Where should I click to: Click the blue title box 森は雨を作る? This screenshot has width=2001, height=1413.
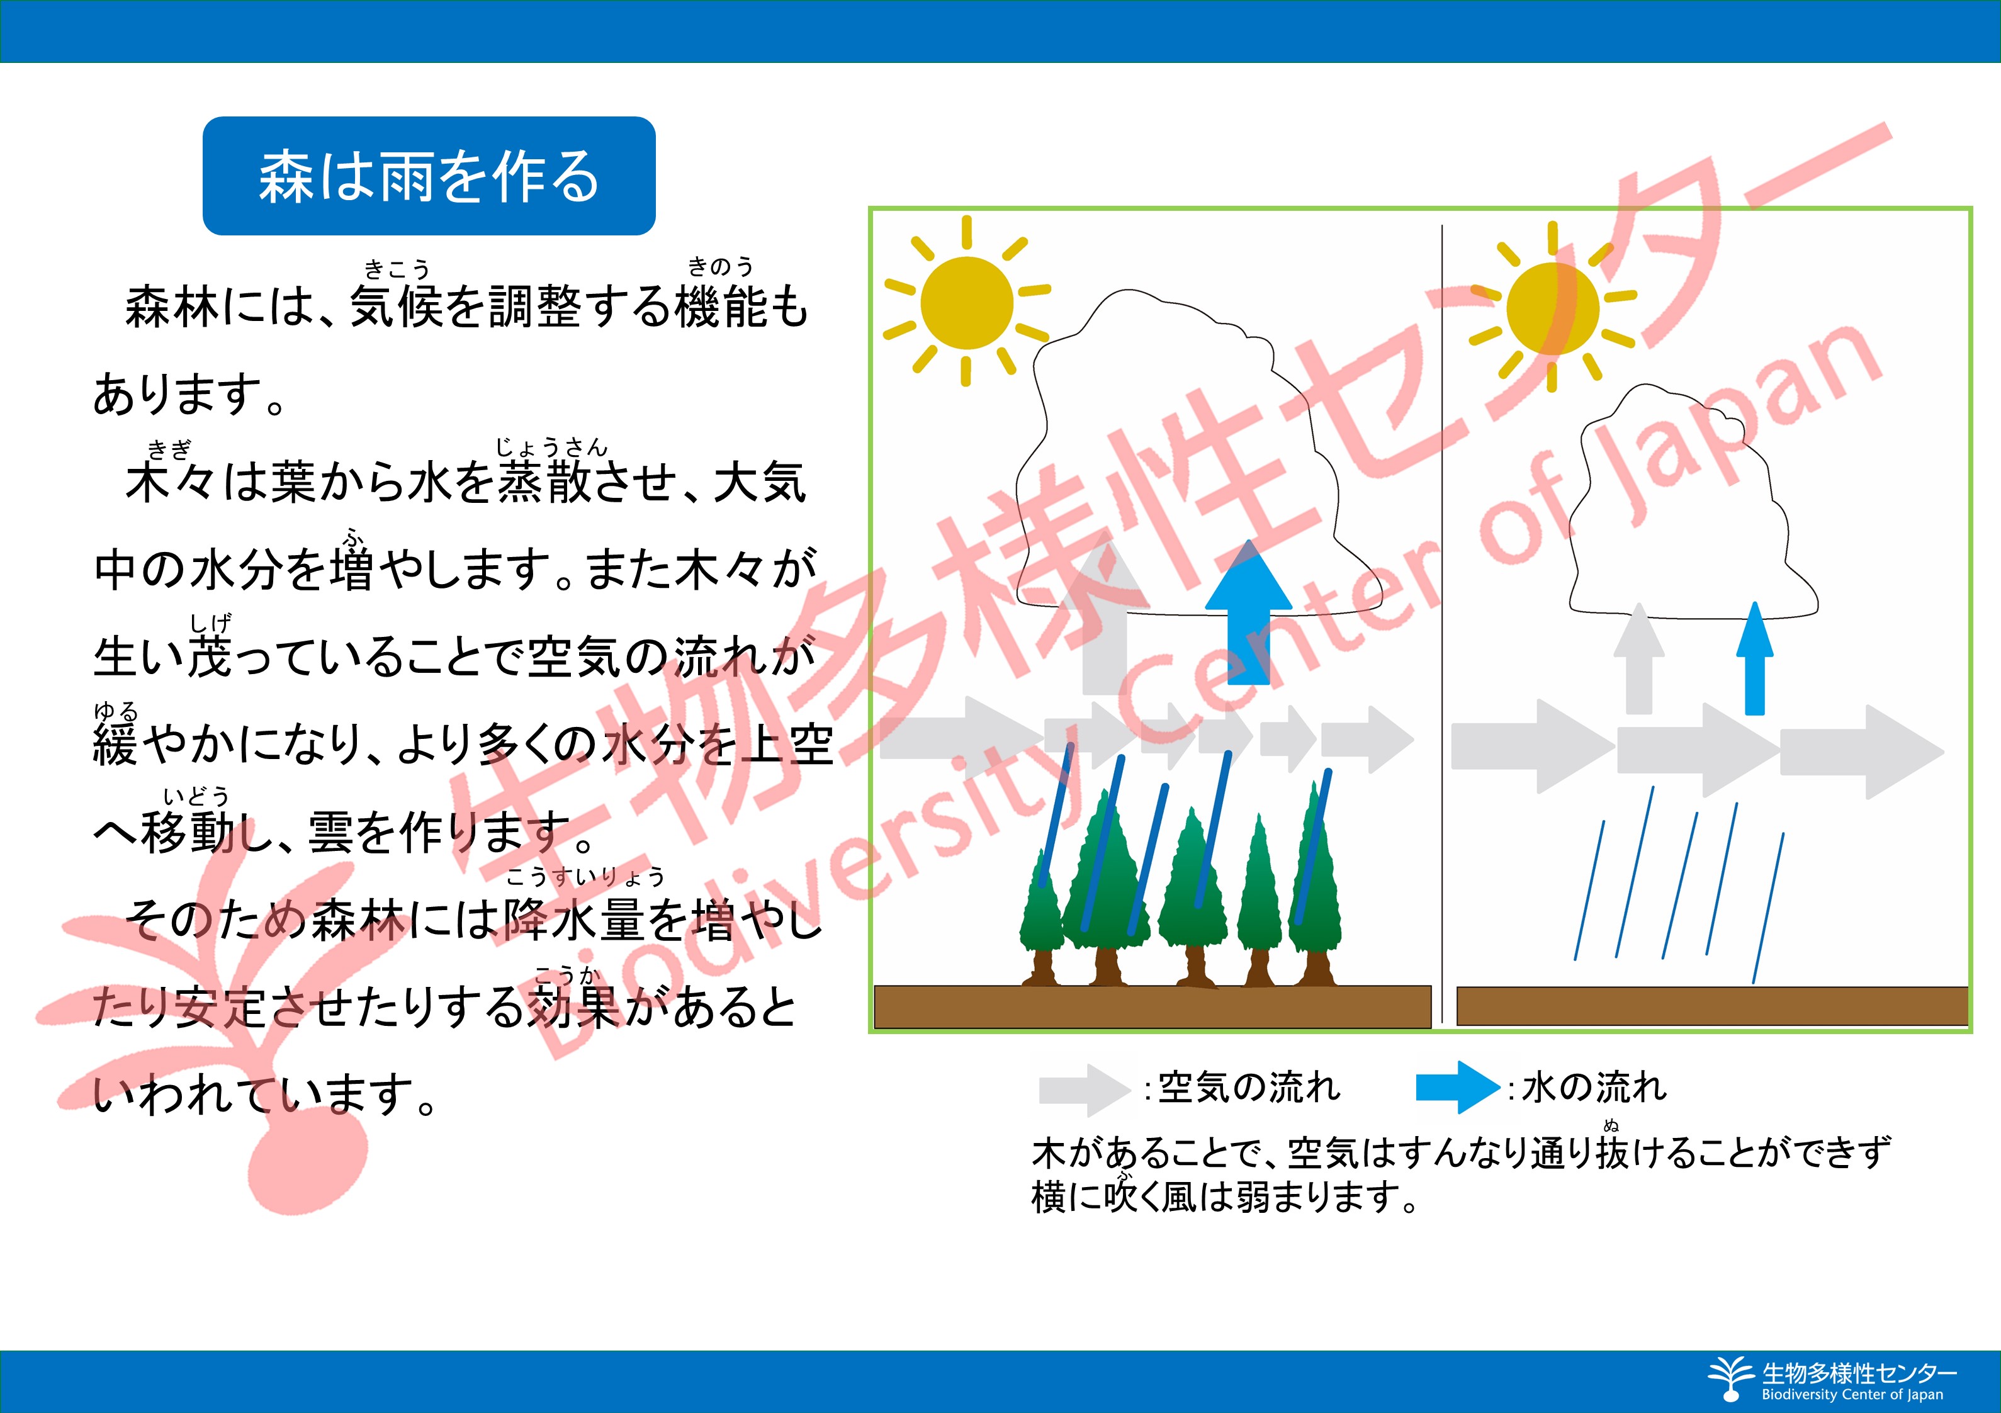(x=429, y=176)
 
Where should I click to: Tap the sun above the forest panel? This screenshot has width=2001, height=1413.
(x=967, y=301)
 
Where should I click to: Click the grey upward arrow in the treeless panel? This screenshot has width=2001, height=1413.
(x=1639, y=658)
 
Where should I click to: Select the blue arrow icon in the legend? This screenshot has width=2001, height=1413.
(x=1458, y=1088)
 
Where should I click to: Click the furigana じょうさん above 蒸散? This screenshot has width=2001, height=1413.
(x=551, y=448)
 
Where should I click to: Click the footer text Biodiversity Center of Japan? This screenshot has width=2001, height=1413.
(x=1852, y=1394)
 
